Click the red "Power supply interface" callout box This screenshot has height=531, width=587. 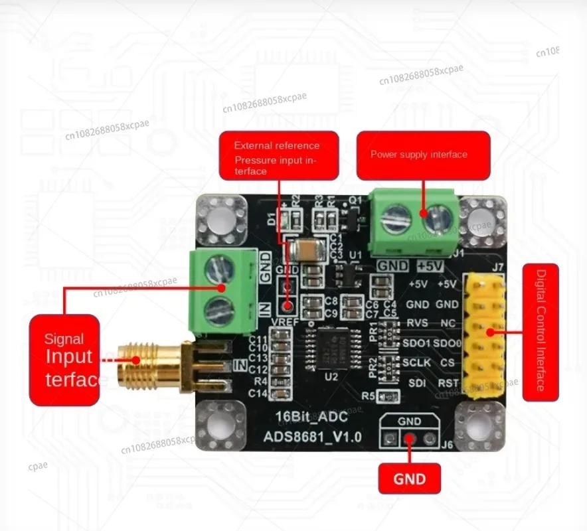tap(423, 155)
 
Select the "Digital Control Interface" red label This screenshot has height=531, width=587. tap(541, 332)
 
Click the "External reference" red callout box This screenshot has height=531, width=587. tap(279, 155)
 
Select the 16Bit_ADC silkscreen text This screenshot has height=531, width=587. tap(305, 419)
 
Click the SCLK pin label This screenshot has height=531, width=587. tap(416, 362)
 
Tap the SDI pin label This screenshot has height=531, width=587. tap(415, 383)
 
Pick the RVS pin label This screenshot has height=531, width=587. tap(417, 323)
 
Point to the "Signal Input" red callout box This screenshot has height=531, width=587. tap(64, 359)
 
